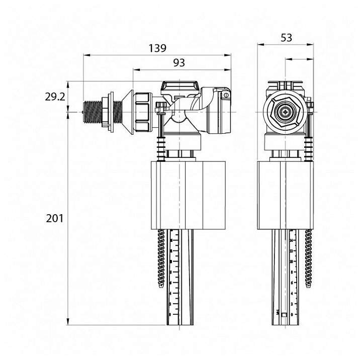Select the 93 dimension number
179,63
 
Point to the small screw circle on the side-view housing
226,94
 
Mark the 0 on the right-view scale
292,314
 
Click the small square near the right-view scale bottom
285,315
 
